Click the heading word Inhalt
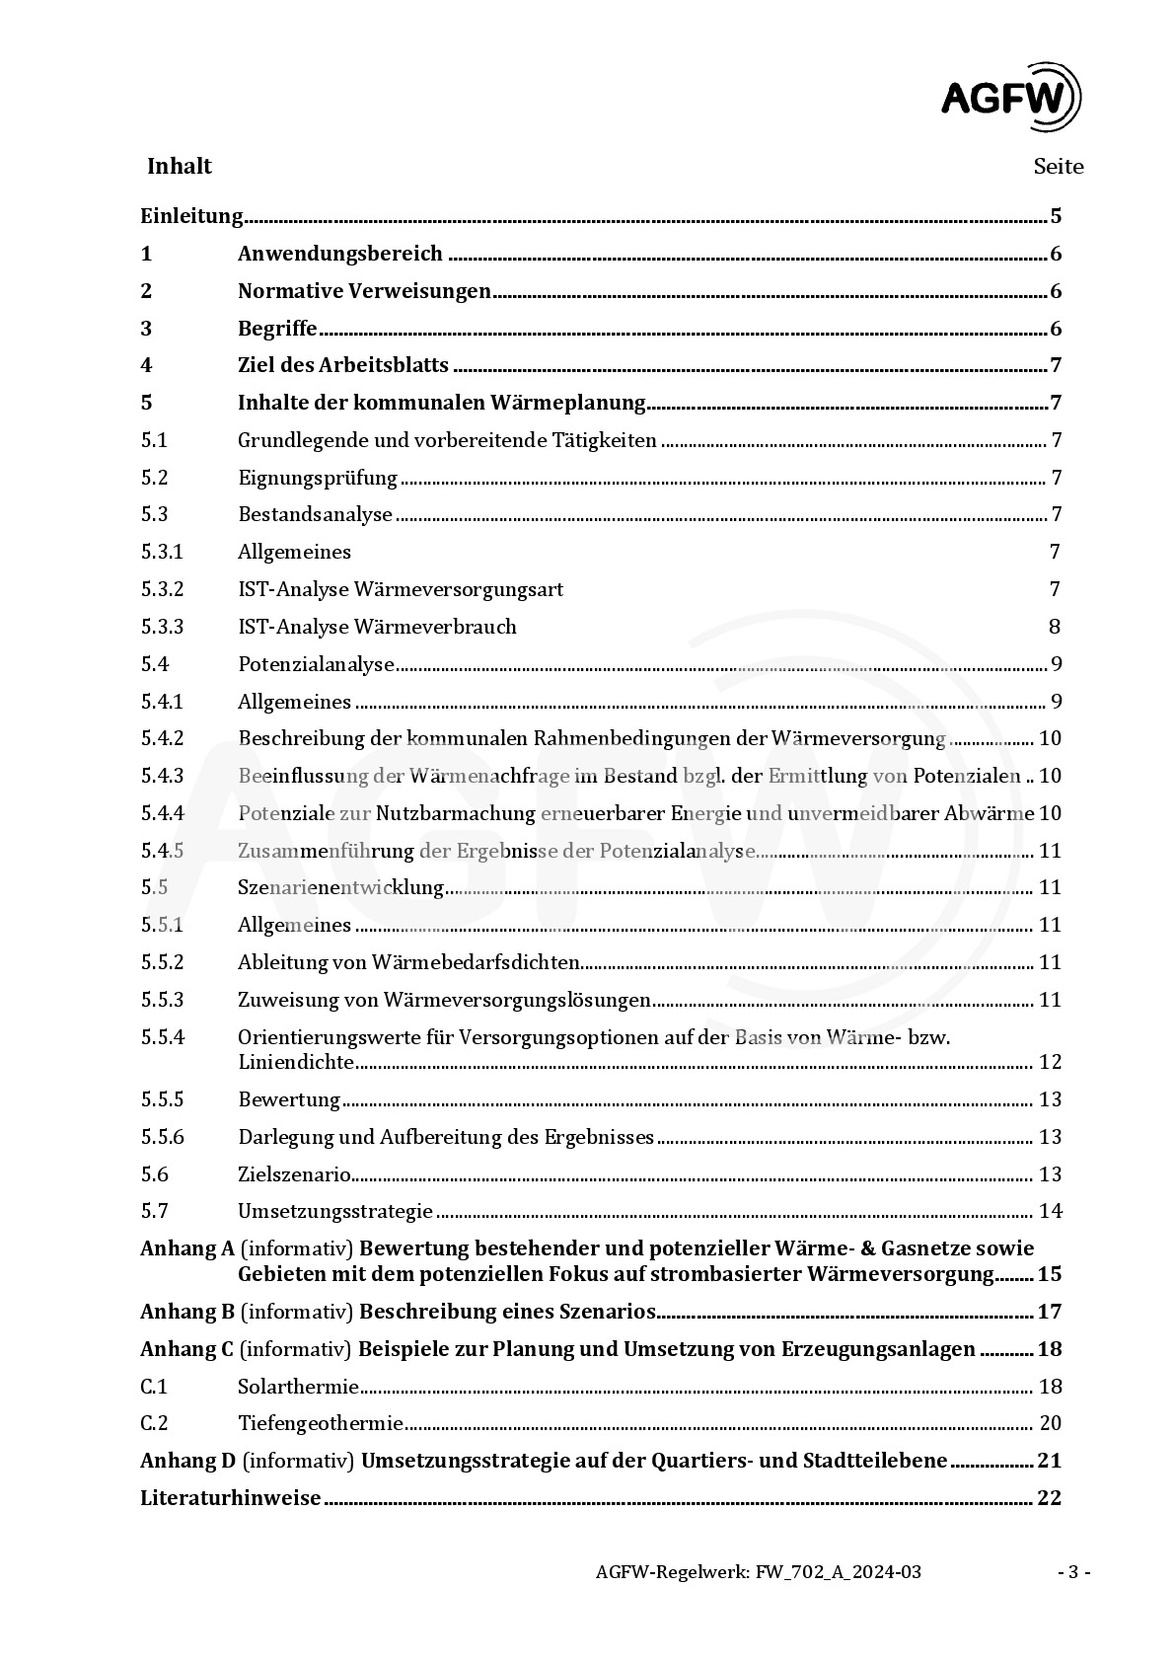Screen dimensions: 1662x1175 point(180,166)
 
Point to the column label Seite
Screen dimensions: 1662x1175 point(1058,167)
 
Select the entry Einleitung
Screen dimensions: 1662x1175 point(191,216)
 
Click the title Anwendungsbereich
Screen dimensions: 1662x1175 point(339,254)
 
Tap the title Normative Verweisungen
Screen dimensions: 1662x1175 point(364,291)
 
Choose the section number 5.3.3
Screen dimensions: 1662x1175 point(162,627)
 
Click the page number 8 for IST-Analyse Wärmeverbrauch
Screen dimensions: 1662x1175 point(1055,627)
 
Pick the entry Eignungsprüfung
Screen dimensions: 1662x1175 point(317,478)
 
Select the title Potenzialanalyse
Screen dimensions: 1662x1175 point(316,664)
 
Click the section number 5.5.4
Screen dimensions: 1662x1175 point(162,1037)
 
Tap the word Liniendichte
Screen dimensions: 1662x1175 point(296,1062)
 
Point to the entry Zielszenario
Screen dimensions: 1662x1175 point(294,1174)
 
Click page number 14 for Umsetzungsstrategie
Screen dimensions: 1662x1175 point(1050,1211)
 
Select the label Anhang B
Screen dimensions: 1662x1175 point(187,1312)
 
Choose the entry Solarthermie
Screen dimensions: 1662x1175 point(298,1387)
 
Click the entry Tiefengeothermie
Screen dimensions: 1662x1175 point(321,1423)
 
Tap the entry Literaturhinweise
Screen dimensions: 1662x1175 point(231,1498)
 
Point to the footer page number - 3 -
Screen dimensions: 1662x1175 point(1073,1572)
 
